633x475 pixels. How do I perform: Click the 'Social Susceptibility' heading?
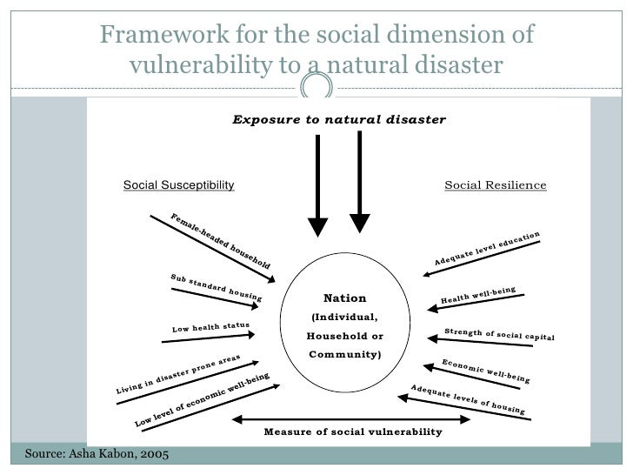[178, 185]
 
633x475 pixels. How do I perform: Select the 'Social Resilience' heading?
[495, 185]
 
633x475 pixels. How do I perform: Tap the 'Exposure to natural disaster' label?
[338, 118]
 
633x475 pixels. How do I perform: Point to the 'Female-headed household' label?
[220, 239]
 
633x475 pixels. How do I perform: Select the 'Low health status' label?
[210, 328]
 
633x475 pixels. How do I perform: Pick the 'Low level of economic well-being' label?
[203, 399]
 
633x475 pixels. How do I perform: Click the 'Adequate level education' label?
[487, 250]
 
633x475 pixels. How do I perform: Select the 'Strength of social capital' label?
[499, 335]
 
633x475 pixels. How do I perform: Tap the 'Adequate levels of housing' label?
[467, 398]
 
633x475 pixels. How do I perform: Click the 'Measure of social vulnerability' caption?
[352, 432]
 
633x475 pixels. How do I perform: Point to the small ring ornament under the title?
[316, 87]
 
